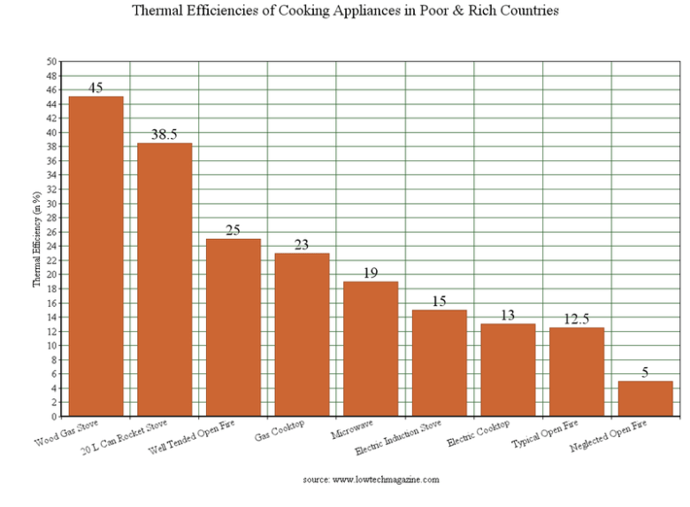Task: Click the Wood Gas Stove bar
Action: click(96, 256)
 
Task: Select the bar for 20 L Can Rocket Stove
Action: click(165, 280)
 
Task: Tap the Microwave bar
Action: click(371, 349)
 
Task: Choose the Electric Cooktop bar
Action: click(508, 370)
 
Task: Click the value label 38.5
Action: click(165, 134)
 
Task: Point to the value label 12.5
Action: click(577, 319)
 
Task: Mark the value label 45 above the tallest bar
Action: click(96, 88)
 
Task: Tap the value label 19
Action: click(371, 273)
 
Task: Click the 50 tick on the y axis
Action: click(51, 62)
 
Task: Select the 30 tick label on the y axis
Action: click(51, 204)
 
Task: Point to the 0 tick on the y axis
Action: click(54, 417)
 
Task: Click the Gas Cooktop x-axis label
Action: click(280, 431)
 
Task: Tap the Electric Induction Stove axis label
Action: click(398, 438)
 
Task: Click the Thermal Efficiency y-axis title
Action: click(37, 242)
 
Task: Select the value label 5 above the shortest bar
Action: click(646, 373)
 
